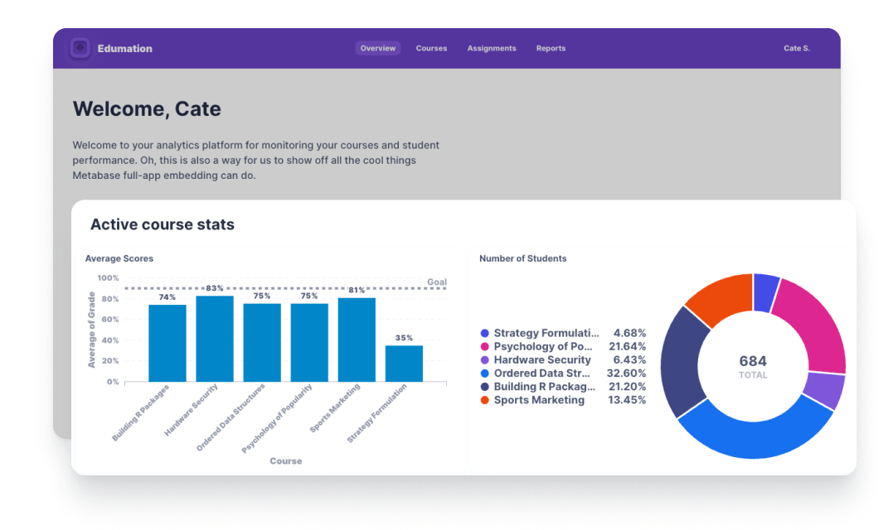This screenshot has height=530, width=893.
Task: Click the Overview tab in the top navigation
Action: click(x=377, y=48)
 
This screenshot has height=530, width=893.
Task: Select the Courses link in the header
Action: click(x=431, y=48)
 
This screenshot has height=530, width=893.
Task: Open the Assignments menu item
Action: click(x=491, y=48)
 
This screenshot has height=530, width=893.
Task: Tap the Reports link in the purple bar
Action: click(x=551, y=48)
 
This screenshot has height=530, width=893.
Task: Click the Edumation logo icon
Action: click(x=80, y=48)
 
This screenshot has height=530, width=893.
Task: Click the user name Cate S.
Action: click(x=796, y=48)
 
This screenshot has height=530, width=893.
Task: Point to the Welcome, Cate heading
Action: click(x=147, y=108)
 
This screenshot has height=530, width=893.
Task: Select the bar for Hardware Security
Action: click(x=215, y=340)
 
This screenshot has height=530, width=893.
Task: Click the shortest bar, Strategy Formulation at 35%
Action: click(x=404, y=364)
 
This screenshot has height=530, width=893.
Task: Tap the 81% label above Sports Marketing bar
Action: click(x=357, y=291)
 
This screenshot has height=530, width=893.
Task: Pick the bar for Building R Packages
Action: click(x=167, y=344)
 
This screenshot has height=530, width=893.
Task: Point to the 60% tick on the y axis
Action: click(x=109, y=320)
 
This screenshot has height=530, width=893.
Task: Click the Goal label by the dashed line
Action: click(x=436, y=282)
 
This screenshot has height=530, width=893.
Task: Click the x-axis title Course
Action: click(x=285, y=460)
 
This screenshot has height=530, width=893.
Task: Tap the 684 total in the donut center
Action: click(x=753, y=361)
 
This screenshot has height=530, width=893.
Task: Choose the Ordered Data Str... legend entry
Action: click(x=542, y=373)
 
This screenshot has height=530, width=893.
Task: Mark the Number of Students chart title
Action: click(x=522, y=258)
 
